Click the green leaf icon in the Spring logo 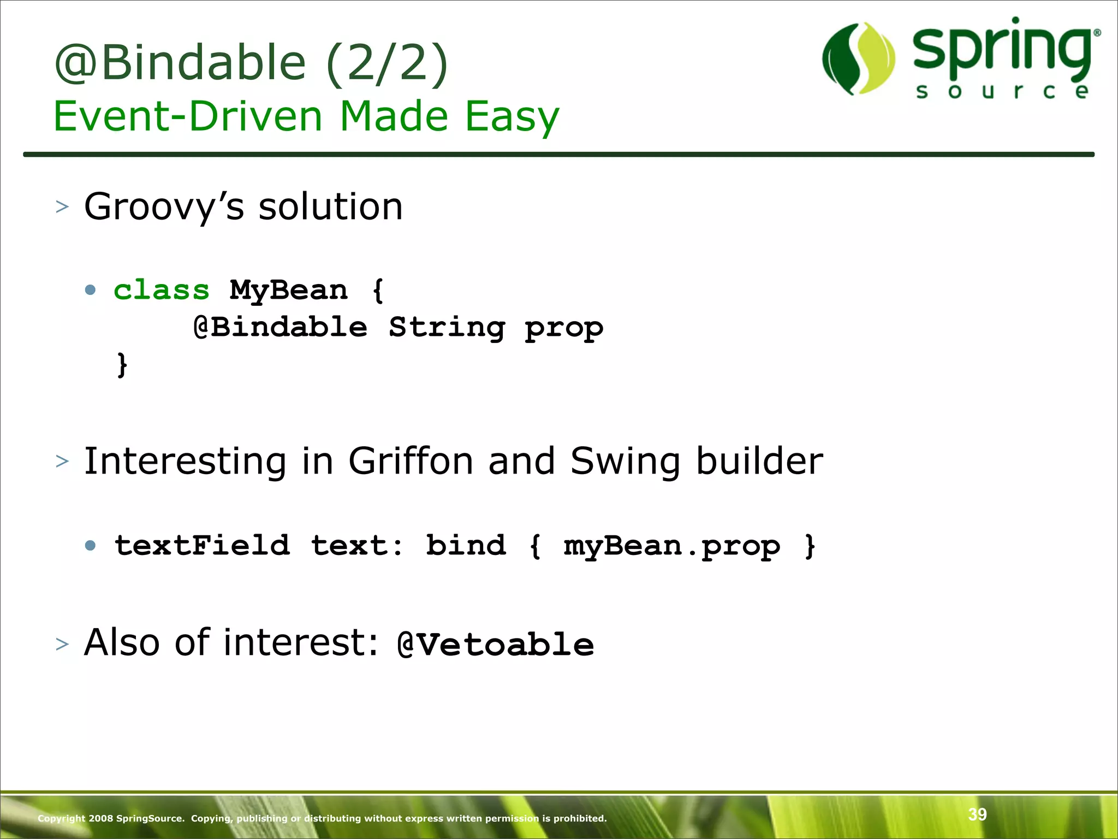[859, 58]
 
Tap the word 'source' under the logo [1002, 91]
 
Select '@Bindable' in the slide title [180, 63]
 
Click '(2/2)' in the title [386, 63]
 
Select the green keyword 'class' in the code [162, 289]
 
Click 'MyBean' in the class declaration [288, 289]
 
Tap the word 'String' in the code [447, 328]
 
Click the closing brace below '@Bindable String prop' [122, 364]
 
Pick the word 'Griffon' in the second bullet [411, 462]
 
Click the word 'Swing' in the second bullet [625, 462]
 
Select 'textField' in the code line [202, 546]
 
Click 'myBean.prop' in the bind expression [671, 546]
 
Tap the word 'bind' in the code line [466, 546]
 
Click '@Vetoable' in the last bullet [495, 645]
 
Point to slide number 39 [977, 814]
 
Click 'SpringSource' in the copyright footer [150, 818]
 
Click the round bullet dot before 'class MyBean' [91, 289]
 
